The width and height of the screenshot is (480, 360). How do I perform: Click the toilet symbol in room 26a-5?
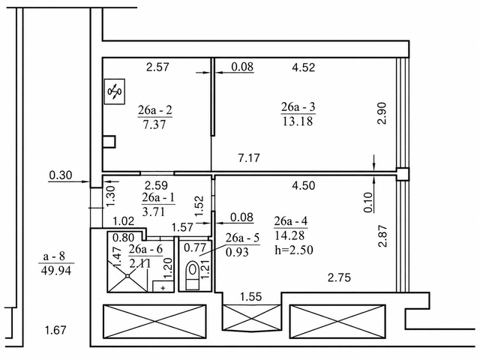pyautogui.click(x=193, y=275)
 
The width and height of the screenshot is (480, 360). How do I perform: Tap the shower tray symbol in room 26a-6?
pyautogui.click(x=127, y=276)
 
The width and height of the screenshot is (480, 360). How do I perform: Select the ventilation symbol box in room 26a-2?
pyautogui.click(x=115, y=91)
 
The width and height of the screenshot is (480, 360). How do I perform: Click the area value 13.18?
pyautogui.click(x=298, y=121)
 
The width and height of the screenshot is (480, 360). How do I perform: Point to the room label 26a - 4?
pyautogui.click(x=291, y=221)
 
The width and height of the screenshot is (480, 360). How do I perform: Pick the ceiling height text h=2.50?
pyautogui.click(x=294, y=250)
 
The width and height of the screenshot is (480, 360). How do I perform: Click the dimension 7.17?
pyautogui.click(x=249, y=158)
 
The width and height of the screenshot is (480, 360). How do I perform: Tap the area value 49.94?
pyautogui.click(x=55, y=270)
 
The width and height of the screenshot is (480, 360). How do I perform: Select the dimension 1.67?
pyautogui.click(x=55, y=330)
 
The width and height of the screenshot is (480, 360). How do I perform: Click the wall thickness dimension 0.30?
pyautogui.click(x=61, y=175)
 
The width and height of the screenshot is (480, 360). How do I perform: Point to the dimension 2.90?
pyautogui.click(x=382, y=113)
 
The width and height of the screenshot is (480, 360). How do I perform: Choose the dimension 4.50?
pyautogui.click(x=303, y=185)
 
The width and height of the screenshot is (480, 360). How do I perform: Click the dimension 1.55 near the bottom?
pyautogui.click(x=251, y=297)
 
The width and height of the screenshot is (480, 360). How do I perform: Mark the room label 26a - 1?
pyautogui.click(x=158, y=198)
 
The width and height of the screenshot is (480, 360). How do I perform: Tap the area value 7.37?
pyautogui.click(x=154, y=124)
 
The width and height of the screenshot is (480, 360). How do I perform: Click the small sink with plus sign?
pyautogui.click(x=163, y=286)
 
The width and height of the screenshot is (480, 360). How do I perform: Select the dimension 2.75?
pyautogui.click(x=339, y=278)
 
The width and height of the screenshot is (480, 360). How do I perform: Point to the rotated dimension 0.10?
pyautogui.click(x=368, y=202)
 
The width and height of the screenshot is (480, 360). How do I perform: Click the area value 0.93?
pyautogui.click(x=237, y=252)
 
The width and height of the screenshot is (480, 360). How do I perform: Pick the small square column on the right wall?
pyautogui.click(x=402, y=174)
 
